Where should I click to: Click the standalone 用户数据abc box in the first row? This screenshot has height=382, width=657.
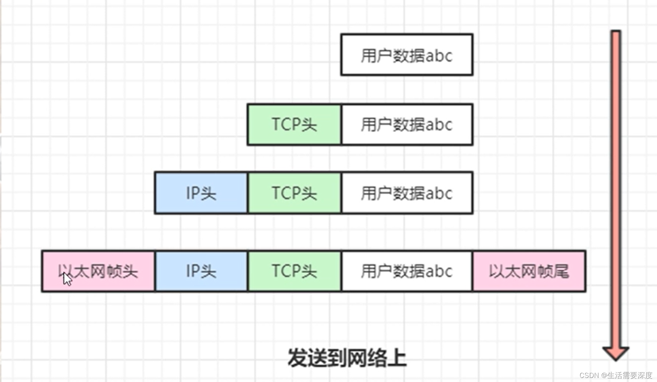(x=407, y=55)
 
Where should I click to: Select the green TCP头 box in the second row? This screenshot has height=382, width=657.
(x=294, y=125)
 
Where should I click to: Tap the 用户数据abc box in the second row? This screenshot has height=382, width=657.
(x=407, y=125)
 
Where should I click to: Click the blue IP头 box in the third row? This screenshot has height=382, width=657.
(x=201, y=193)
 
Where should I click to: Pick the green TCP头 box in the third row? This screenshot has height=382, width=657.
(x=294, y=193)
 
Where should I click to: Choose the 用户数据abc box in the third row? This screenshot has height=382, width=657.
(x=407, y=193)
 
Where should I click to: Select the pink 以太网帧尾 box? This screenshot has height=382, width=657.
(x=529, y=271)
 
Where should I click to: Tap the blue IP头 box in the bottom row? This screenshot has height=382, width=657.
(x=201, y=271)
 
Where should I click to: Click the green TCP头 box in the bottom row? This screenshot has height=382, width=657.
(x=294, y=271)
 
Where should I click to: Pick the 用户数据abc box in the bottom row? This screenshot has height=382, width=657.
(x=407, y=271)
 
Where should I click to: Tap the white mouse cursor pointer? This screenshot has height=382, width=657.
(x=67, y=279)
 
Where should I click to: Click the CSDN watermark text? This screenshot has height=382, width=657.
(x=616, y=375)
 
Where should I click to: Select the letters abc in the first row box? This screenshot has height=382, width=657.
(x=439, y=56)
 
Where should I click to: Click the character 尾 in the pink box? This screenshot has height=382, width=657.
(x=561, y=271)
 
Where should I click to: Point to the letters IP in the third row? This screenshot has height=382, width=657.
(x=193, y=193)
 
